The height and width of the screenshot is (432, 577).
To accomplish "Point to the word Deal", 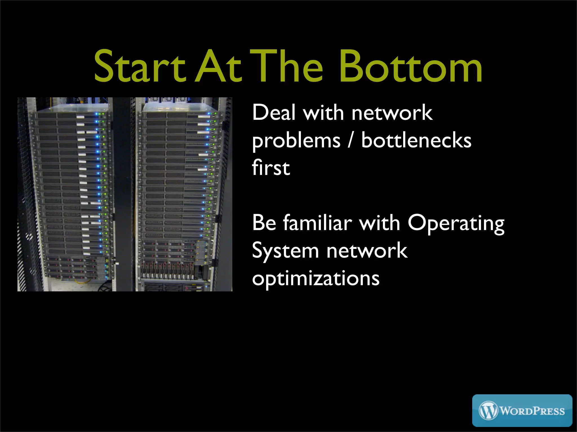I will pyautogui.click(x=274, y=112).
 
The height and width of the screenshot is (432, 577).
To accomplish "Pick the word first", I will pyautogui.click(x=271, y=168).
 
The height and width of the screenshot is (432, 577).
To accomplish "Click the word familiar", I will pyautogui.click(x=318, y=223).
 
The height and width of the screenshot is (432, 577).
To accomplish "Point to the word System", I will pyautogui.click(x=285, y=251).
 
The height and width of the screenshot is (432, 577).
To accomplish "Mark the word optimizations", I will pyautogui.click(x=316, y=278).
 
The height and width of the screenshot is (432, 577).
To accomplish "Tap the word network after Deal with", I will pyautogui.click(x=392, y=112).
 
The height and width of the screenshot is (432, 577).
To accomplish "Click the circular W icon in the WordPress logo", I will pyautogui.click(x=488, y=410).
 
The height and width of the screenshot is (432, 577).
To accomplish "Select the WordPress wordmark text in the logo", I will pyautogui.click(x=532, y=411).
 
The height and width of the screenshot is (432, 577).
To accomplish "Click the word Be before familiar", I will pyautogui.click(x=264, y=223).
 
